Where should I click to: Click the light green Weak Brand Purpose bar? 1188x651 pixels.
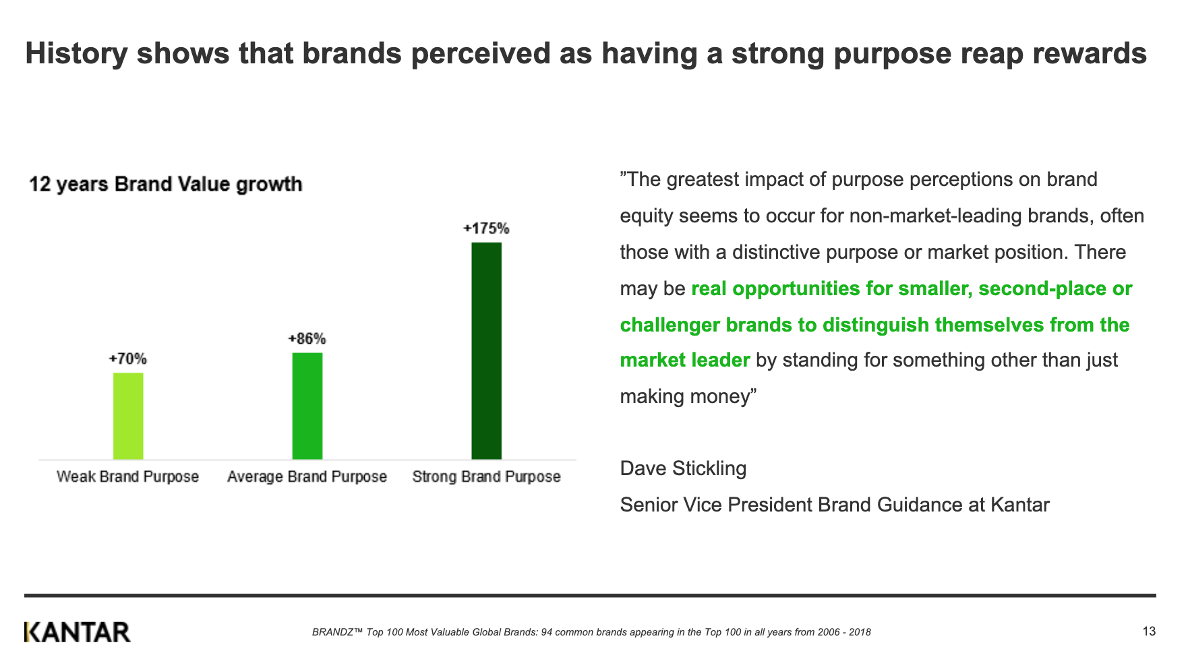point(128,416)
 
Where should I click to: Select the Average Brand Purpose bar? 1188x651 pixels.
point(307,406)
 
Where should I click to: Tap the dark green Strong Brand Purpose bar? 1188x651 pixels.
point(487,350)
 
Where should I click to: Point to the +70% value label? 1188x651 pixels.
point(128,359)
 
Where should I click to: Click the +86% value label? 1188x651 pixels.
point(307,338)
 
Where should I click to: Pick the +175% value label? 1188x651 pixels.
point(486,228)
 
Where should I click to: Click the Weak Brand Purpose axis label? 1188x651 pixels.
point(128,477)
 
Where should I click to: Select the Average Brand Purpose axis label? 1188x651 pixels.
point(307,477)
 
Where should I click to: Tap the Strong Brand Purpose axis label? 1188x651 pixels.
point(487,477)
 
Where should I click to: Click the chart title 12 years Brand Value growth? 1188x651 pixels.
point(166,184)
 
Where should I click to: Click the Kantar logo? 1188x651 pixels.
point(78,632)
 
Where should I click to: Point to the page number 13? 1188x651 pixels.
point(1150,631)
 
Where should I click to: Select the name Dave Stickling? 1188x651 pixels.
point(683,468)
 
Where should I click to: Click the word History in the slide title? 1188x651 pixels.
point(76,54)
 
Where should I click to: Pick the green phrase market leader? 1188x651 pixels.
point(685,360)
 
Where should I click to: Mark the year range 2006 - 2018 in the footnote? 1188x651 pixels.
point(844,632)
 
